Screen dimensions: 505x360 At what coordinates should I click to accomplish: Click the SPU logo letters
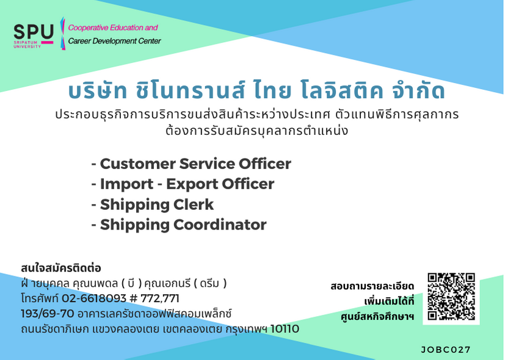[34, 32]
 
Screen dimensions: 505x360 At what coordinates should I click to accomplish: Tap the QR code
[451, 297]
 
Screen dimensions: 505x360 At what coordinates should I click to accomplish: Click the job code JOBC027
[446, 350]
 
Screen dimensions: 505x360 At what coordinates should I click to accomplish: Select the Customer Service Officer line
[191, 164]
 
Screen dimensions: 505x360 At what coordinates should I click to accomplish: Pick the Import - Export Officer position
[183, 184]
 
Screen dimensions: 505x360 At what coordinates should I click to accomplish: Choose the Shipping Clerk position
[153, 204]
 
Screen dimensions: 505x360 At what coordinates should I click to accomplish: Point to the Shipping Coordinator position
[179, 225]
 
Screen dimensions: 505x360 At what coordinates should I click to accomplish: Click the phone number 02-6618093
[93, 298]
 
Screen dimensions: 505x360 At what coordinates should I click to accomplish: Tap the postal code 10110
[285, 329]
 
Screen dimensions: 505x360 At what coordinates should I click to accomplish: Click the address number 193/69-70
[48, 314]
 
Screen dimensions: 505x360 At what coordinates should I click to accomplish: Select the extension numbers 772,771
[160, 299]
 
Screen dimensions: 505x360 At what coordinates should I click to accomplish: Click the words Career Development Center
[114, 41]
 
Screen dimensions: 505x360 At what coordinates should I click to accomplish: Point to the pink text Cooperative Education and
[113, 27]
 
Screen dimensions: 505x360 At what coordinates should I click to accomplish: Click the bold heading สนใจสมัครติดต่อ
[61, 268]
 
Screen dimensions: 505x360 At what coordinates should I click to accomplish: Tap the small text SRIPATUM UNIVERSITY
[27, 45]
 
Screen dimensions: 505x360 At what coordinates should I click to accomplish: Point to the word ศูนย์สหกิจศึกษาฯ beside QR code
[377, 317]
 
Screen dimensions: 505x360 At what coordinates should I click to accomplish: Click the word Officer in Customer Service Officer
[265, 164]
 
